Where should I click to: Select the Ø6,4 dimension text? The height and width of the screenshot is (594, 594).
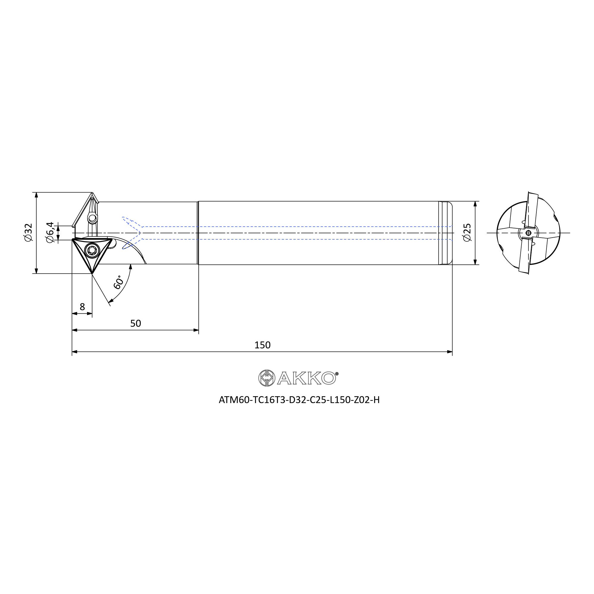pyautogui.click(x=50, y=233)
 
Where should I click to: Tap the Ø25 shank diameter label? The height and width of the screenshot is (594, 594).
pyautogui.click(x=467, y=233)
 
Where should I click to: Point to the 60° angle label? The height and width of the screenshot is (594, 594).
pyautogui.click(x=119, y=282)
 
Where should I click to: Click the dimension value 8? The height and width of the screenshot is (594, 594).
pyautogui.click(x=82, y=307)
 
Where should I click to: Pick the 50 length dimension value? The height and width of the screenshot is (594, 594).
pyautogui.click(x=136, y=323)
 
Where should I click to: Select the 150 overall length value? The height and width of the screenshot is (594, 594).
pyautogui.click(x=262, y=345)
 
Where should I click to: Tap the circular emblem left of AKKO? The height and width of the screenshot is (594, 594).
pyautogui.click(x=267, y=378)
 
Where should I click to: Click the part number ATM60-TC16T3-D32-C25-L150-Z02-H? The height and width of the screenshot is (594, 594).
pyautogui.click(x=299, y=400)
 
